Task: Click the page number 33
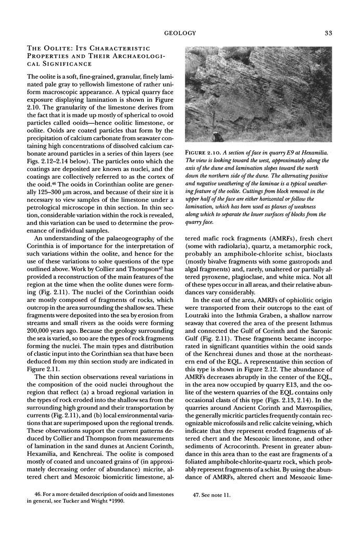(x=328, y=33)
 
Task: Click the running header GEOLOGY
(x=180, y=33)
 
